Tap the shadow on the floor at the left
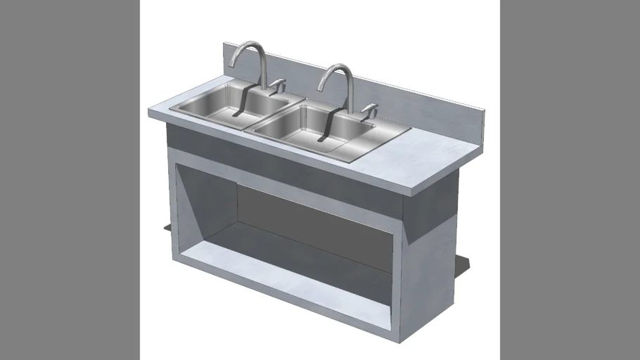[x=167, y=226]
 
